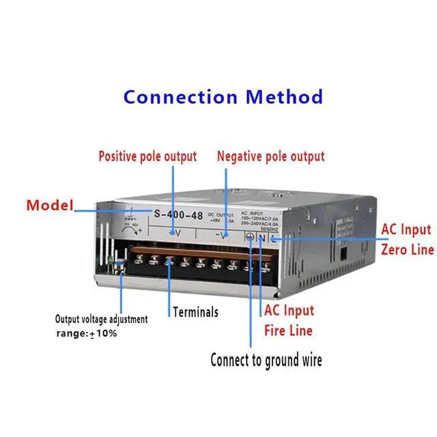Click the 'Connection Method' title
click(223, 96)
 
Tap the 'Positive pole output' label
click(147, 156)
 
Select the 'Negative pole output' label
click(270, 156)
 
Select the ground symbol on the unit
click(251, 237)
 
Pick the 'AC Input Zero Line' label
click(407, 239)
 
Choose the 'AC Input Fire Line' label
click(289, 320)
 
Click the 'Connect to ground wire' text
click(266, 359)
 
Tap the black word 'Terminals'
click(195, 312)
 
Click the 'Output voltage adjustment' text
click(101, 319)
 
